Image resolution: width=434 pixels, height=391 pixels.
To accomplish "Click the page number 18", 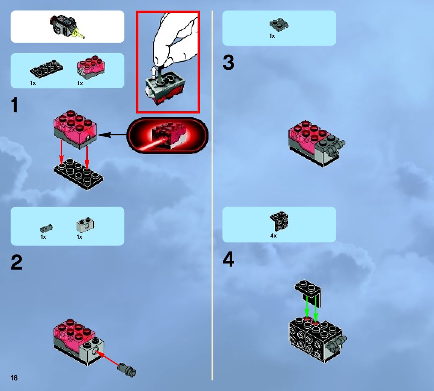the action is (x=14, y=378).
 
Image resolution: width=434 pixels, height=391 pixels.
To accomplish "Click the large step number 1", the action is (x=14, y=105).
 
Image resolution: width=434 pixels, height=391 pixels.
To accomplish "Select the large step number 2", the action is (x=16, y=263).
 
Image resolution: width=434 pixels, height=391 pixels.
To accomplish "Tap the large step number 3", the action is (x=229, y=63).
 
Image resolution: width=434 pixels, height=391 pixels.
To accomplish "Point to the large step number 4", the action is (x=228, y=260).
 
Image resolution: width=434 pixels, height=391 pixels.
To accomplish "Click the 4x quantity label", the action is (x=273, y=236).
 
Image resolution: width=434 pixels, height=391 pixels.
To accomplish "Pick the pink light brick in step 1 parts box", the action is (x=91, y=67).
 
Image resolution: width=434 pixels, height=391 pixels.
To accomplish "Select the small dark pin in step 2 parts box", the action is (x=46, y=228).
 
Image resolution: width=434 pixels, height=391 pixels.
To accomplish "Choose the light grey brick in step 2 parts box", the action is (x=85, y=225).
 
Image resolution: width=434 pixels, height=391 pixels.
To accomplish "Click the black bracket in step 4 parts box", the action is (x=279, y=222).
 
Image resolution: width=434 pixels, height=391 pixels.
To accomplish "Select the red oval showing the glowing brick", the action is (x=167, y=136).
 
